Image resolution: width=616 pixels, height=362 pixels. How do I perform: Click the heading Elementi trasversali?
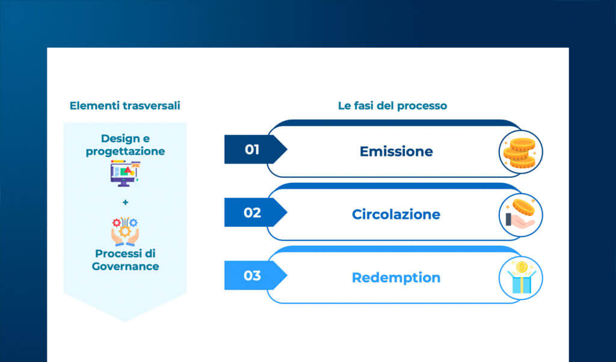[x=125, y=106]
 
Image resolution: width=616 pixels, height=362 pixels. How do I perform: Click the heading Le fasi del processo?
[x=392, y=106]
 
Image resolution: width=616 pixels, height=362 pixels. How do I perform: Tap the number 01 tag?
[x=251, y=149]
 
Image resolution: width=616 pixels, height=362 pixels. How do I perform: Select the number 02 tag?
[x=251, y=212]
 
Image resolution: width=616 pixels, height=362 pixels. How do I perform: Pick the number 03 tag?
[x=251, y=275]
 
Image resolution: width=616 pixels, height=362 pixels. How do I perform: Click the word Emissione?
[x=396, y=152]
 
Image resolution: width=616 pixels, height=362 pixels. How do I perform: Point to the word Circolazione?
[x=396, y=215]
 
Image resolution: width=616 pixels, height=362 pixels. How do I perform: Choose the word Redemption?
[x=396, y=278]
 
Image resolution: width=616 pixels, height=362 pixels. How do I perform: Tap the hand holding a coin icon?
[x=520, y=215]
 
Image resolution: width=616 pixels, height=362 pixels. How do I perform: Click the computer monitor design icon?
[x=125, y=173]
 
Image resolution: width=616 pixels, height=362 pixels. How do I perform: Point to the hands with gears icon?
[x=125, y=232]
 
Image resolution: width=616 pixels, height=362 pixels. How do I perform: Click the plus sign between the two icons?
[x=125, y=202]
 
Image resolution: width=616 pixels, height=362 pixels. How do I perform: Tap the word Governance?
[x=125, y=266]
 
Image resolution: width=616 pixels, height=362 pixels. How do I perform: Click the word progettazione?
[x=125, y=152]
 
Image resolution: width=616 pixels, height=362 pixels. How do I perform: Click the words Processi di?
[x=125, y=254]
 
